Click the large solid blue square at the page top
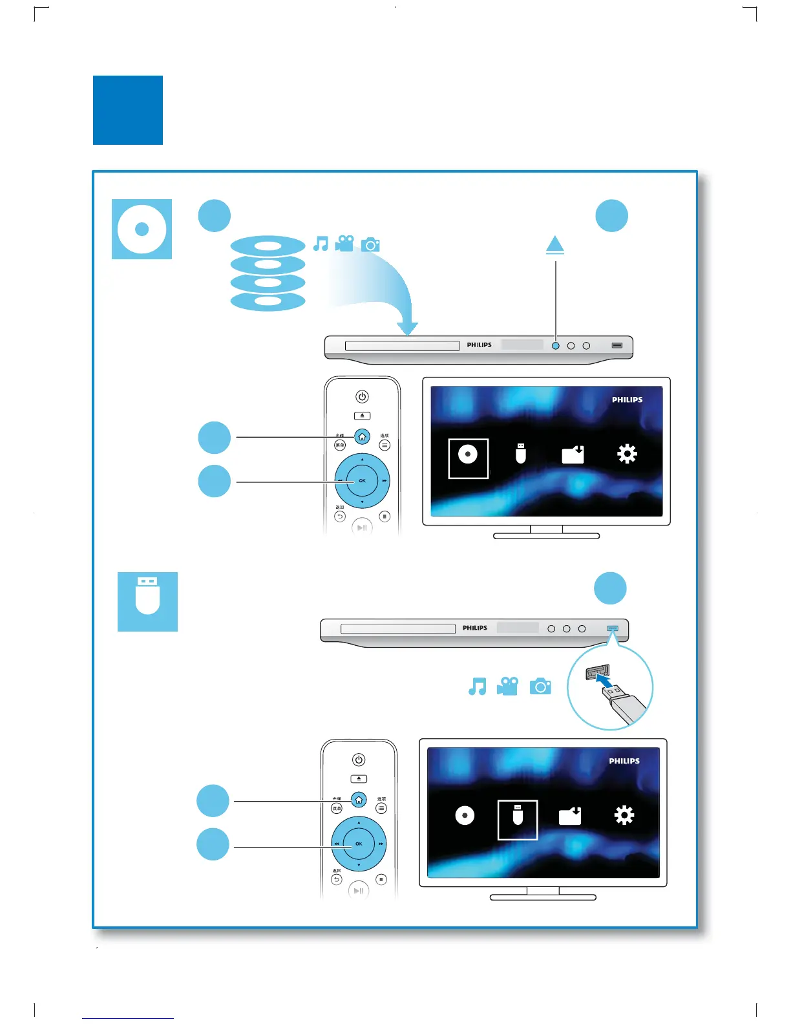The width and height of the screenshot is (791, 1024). [x=128, y=110]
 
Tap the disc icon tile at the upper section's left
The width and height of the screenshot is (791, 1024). [x=142, y=229]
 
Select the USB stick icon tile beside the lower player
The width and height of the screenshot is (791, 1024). [x=147, y=601]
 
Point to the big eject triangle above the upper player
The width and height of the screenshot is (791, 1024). [x=554, y=245]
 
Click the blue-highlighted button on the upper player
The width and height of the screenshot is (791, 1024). [x=555, y=346]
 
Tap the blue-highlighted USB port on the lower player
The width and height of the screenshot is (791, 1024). [x=613, y=628]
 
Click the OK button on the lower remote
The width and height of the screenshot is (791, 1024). [x=359, y=844]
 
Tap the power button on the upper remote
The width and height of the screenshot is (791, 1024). [x=362, y=396]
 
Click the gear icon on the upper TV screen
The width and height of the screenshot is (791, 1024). [x=627, y=454]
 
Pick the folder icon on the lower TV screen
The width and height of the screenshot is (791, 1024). [x=570, y=816]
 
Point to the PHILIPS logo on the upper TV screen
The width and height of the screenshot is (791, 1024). [x=627, y=400]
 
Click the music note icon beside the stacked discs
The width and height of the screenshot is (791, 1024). [x=321, y=244]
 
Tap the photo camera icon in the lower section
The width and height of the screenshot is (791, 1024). [x=540, y=686]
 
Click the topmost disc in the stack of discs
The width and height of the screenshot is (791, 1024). [x=268, y=246]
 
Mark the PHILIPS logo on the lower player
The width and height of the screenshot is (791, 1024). [x=475, y=628]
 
